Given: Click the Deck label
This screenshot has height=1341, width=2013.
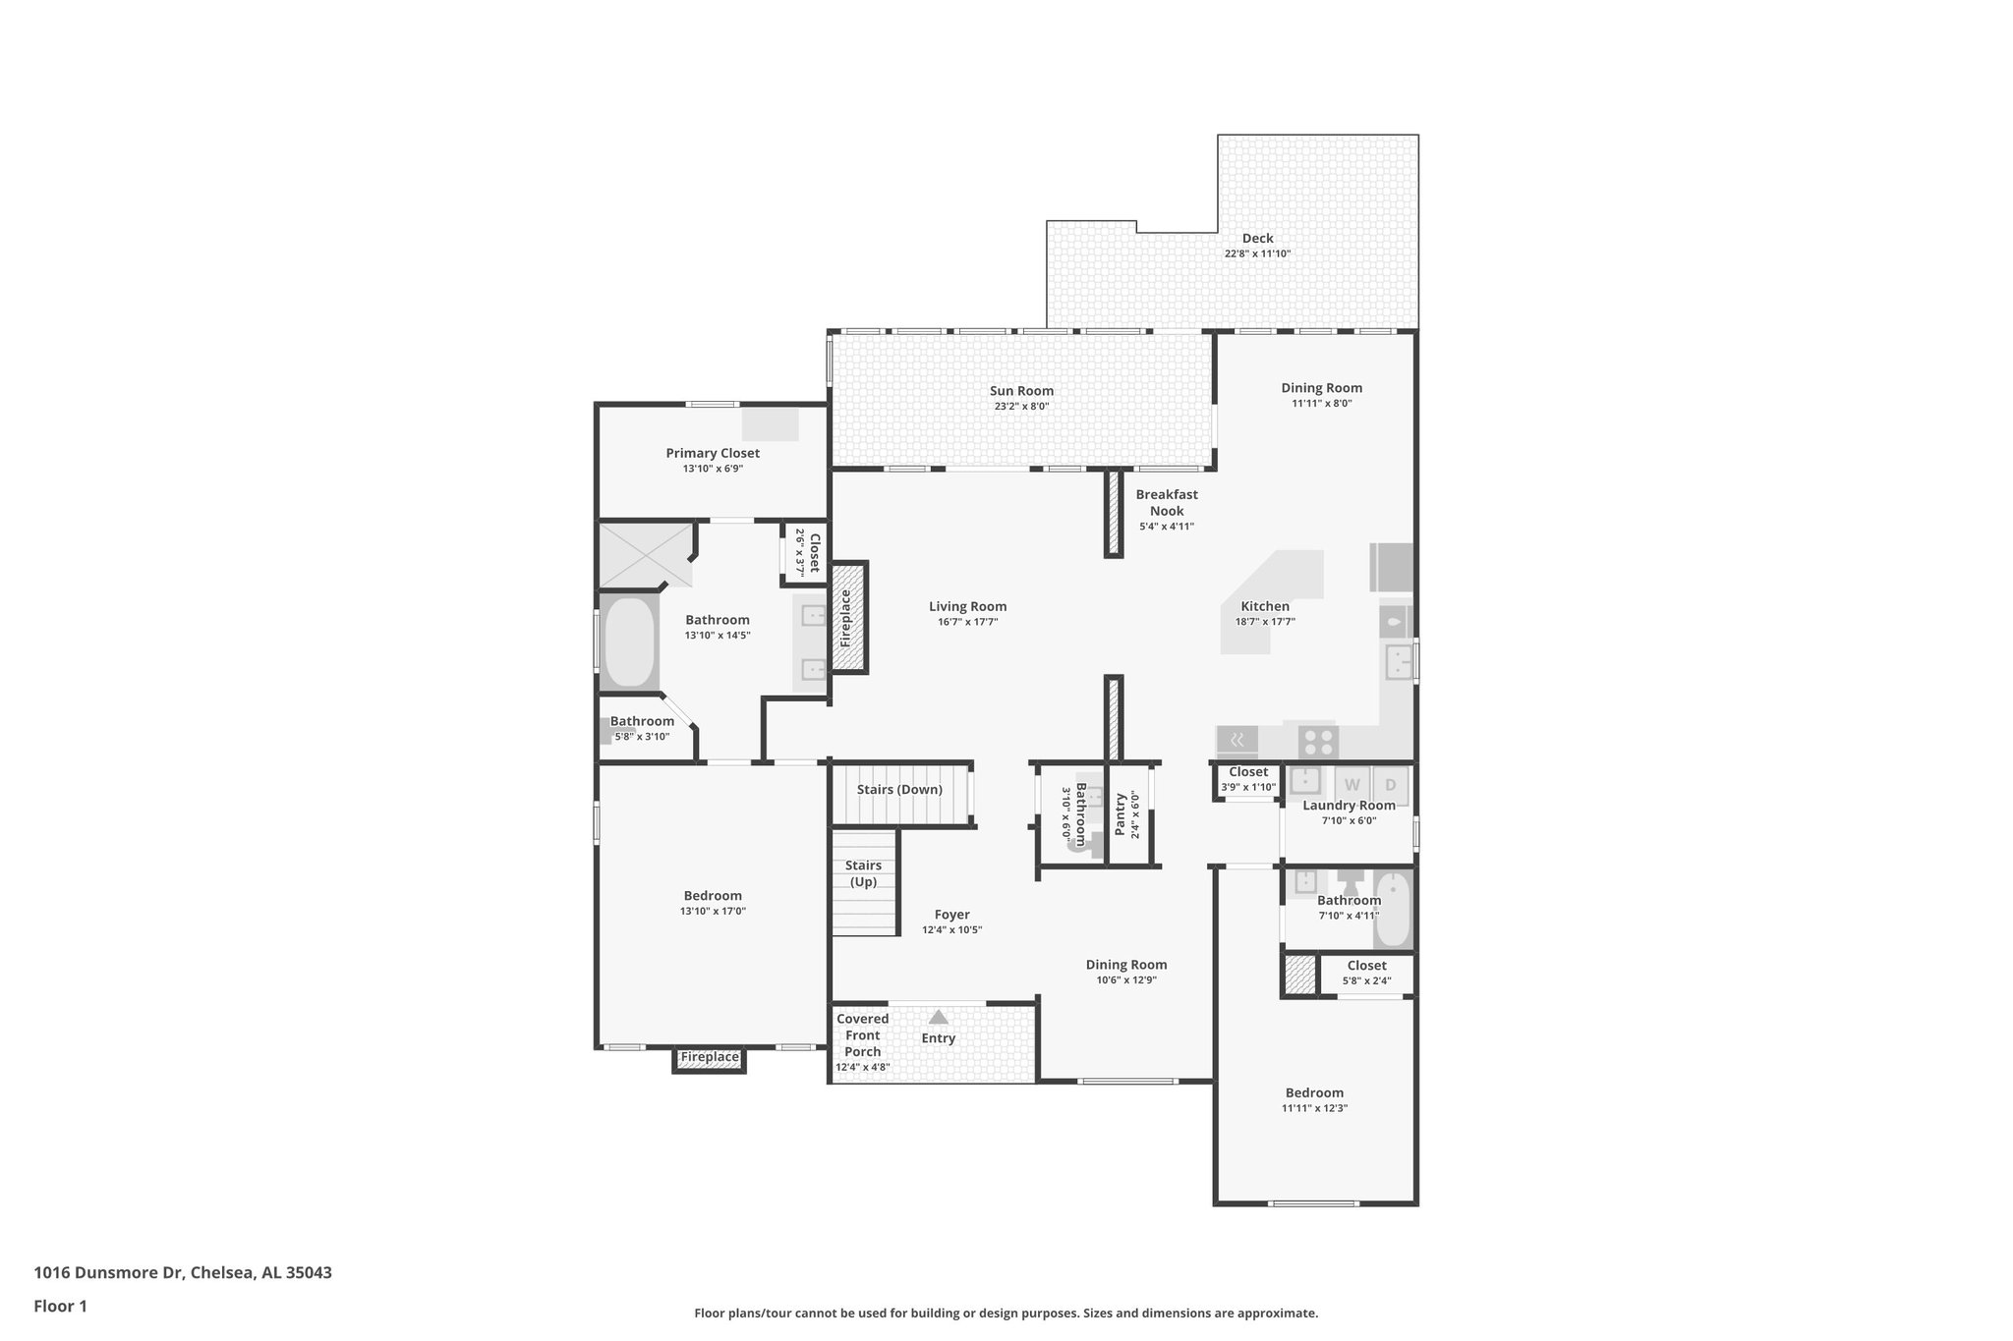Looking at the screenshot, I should tap(1257, 238).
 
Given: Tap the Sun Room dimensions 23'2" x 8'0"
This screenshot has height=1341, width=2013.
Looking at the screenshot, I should tap(1021, 407).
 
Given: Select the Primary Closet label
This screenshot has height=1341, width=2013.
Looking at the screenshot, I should tap(713, 453).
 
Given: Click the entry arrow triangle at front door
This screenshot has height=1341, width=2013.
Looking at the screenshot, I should tap(939, 1018).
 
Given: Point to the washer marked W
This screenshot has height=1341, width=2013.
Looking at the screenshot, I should tap(1352, 785).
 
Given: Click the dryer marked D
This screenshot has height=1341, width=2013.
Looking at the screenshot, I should tap(1390, 785).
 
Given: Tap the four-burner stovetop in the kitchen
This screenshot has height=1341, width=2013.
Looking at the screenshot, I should tap(1317, 741).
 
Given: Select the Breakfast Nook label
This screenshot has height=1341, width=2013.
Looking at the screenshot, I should tap(1167, 502).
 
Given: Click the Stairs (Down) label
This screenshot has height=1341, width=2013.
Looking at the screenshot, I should tap(899, 789).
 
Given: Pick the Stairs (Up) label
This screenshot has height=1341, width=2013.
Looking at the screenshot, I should tap(864, 873).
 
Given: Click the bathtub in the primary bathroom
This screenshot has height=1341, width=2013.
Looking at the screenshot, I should tap(629, 643).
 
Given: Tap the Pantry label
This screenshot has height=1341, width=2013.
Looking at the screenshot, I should tap(1120, 814).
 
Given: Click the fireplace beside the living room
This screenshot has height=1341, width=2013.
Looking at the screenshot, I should tap(848, 617).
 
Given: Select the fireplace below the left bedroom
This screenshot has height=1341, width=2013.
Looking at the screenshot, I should tap(710, 1058).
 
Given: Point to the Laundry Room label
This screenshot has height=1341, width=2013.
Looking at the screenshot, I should tap(1349, 806).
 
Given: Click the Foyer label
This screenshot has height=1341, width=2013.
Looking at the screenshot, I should tap(951, 914).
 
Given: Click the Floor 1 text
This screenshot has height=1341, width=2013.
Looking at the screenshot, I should tap(60, 1306).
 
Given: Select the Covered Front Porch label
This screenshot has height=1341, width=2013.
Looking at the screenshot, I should tap(863, 1035).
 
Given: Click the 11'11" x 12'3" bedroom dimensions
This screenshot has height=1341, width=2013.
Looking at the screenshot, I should tap(1314, 1108).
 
